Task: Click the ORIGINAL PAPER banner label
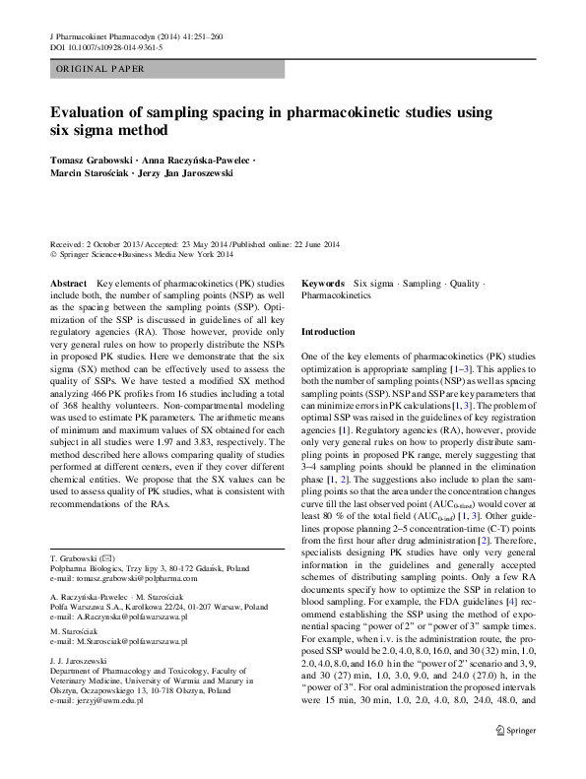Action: coord(100,69)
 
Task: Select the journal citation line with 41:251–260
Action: coord(134,36)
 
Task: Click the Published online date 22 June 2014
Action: coord(305,244)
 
